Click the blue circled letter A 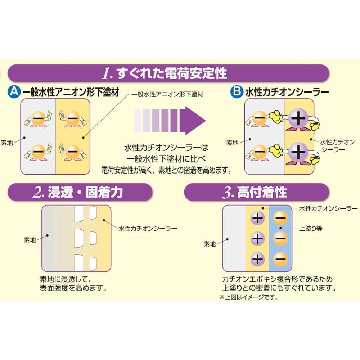pos(14,92)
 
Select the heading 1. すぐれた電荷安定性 pos(165,73)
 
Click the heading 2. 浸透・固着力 pos(78,192)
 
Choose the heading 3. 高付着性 pos(255,192)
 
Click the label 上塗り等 pos(310,228)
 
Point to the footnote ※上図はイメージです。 pos(249,297)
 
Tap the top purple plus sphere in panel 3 pos(258,218)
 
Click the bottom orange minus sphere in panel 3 pos(280,259)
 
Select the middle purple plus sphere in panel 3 pos(258,239)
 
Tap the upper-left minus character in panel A pos(38,118)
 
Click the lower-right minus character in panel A pos(73,152)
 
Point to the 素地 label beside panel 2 pos(30,240)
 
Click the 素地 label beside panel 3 pos(210,244)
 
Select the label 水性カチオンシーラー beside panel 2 pos(148,229)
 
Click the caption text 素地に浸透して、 pos(66,279)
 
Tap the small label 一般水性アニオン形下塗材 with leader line pos(167,94)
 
